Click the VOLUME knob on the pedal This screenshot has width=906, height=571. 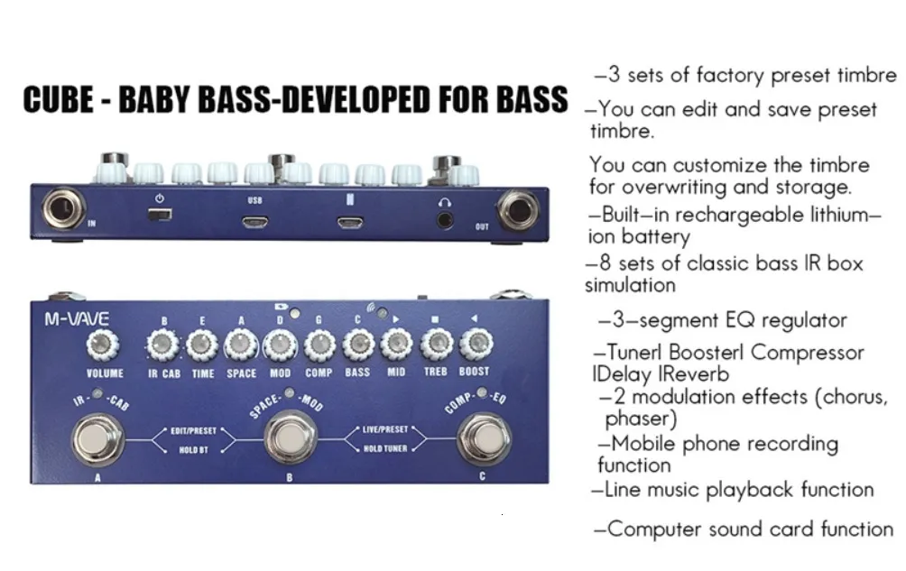(103, 345)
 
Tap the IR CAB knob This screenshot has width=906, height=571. (162, 345)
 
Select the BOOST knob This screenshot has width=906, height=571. (476, 344)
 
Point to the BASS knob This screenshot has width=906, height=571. (358, 344)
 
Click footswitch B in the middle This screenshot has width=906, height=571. (291, 437)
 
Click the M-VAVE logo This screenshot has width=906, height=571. (77, 318)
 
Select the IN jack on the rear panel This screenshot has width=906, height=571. (63, 208)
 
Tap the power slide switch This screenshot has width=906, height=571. (160, 215)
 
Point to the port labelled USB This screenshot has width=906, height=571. (254, 222)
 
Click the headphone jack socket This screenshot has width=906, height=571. (444, 220)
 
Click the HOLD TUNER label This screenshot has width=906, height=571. (385, 448)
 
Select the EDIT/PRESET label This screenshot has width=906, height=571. (194, 430)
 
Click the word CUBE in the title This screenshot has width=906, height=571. (59, 99)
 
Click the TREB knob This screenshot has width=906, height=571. (436, 344)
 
